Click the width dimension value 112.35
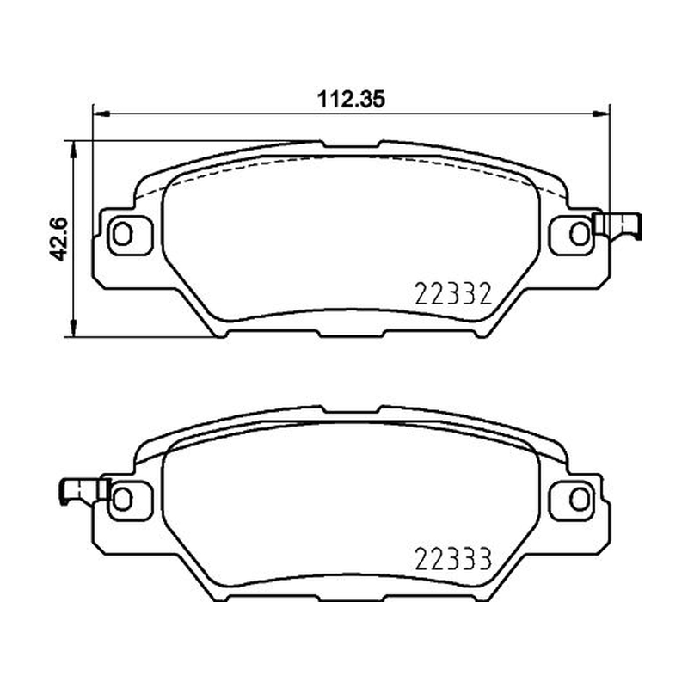(351, 99)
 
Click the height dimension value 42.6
(58, 239)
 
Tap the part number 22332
(453, 293)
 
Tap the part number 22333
(453, 558)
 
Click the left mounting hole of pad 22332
(122, 233)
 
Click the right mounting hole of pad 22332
(579, 233)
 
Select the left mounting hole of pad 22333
(122, 499)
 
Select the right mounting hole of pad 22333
(579, 499)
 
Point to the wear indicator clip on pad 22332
(617, 225)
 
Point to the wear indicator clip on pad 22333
(83, 491)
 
